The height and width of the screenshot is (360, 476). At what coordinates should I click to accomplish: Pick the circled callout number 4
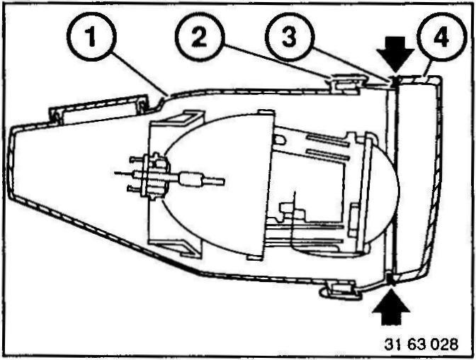click(442, 39)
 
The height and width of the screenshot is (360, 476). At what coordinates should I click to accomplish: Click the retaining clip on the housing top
click(340, 82)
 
